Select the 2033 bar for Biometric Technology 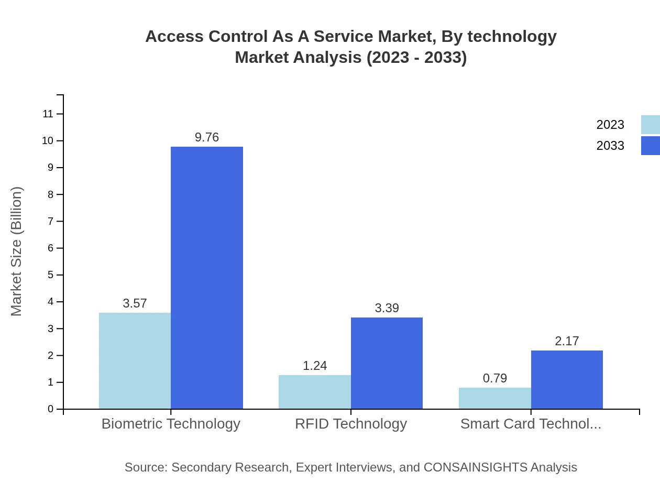click(207, 278)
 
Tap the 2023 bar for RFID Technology click(315, 392)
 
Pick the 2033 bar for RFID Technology click(387, 363)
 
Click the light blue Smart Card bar click(494, 398)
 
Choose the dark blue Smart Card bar click(567, 379)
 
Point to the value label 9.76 click(207, 137)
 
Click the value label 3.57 click(135, 303)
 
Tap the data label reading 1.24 click(315, 366)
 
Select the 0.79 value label click(494, 378)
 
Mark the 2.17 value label click(567, 341)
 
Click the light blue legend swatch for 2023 click(651, 125)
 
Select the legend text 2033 click(610, 146)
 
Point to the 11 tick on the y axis click(48, 114)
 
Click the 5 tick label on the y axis click(51, 275)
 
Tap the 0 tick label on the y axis click(51, 409)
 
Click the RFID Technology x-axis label click(350, 423)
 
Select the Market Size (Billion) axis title click(16, 251)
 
